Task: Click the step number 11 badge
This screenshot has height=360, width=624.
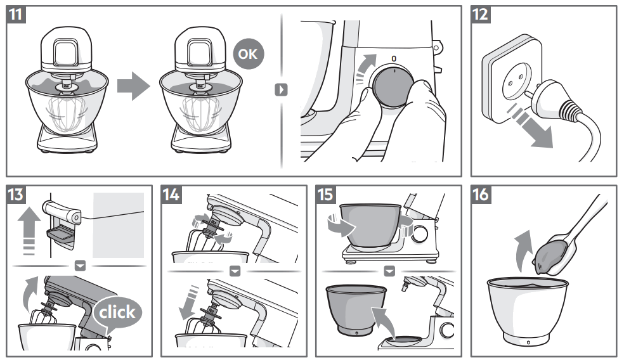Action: pos(17,16)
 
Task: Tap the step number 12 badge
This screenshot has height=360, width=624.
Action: pos(481,16)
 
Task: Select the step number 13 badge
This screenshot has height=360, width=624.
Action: pos(17,195)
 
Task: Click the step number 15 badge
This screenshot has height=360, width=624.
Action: pos(327,195)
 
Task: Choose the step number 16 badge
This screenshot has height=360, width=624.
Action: pos(481,195)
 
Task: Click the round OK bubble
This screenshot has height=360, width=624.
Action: pos(248,55)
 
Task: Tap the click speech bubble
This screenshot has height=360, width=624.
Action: pos(117,312)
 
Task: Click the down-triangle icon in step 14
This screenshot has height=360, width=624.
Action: pos(235,271)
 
